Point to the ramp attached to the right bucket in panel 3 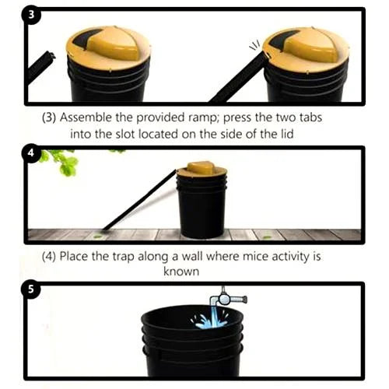tap(237, 82)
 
